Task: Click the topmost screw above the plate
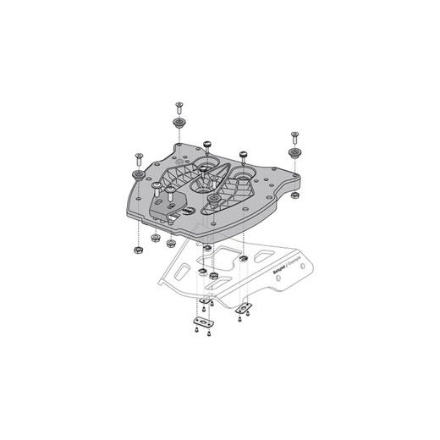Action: [180, 107]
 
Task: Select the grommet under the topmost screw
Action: [180, 124]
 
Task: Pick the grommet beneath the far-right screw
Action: [295, 154]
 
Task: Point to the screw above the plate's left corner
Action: [135, 157]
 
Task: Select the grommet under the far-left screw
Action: [135, 174]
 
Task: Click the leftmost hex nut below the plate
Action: [136, 252]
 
